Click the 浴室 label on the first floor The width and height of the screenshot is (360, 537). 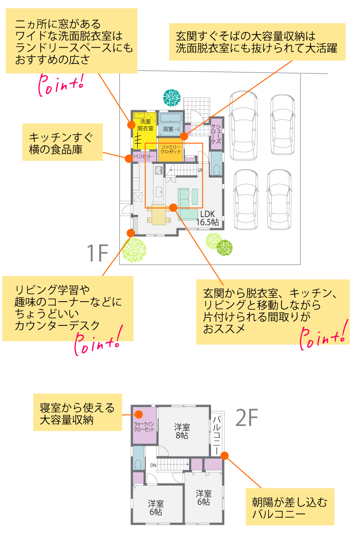tap(168, 129)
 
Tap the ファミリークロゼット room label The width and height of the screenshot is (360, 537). tap(171, 149)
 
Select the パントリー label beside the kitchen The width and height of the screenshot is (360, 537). tap(144, 156)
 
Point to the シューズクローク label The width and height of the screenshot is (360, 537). tap(216, 133)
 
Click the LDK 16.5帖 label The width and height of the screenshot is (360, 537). tap(207, 218)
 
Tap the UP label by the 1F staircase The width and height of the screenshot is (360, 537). tap(200, 170)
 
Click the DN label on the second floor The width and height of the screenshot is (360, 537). tap(153, 465)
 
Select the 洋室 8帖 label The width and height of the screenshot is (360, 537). tap(182, 431)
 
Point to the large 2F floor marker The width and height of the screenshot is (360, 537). tap(247, 419)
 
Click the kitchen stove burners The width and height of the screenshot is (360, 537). tap(158, 170)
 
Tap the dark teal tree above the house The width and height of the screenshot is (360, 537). tap(171, 97)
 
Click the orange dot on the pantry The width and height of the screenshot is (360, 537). tap(129, 158)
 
